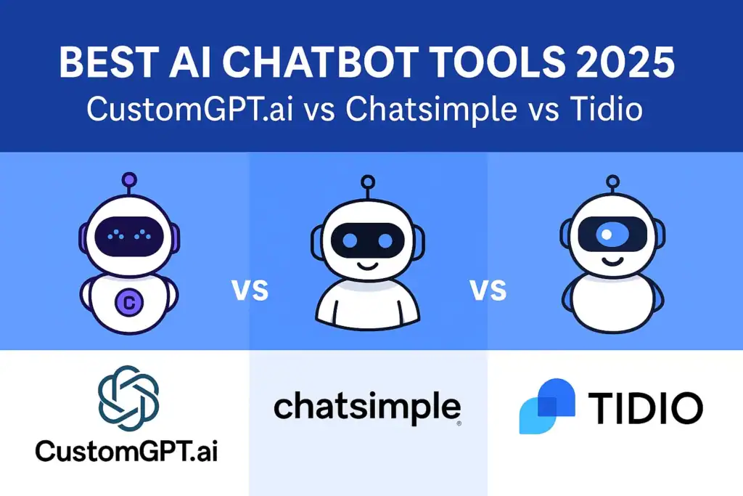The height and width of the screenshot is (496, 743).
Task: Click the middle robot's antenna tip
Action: click(368, 182)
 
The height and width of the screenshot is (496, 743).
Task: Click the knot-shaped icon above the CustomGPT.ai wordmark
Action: click(128, 397)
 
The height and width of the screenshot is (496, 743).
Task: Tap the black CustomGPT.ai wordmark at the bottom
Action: click(127, 451)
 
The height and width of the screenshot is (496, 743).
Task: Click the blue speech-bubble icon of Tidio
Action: click(546, 407)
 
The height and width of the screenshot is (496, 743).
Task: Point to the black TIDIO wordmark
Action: click(645, 408)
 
